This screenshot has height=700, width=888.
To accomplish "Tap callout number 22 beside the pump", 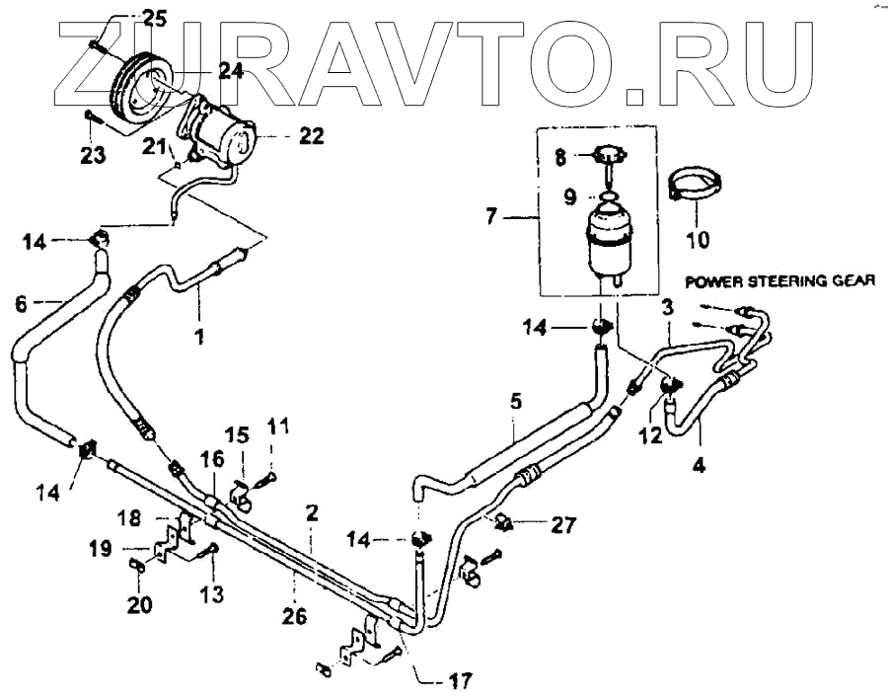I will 311,136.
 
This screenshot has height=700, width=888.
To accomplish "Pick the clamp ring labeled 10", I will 696,189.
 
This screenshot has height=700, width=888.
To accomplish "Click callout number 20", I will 138,604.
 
